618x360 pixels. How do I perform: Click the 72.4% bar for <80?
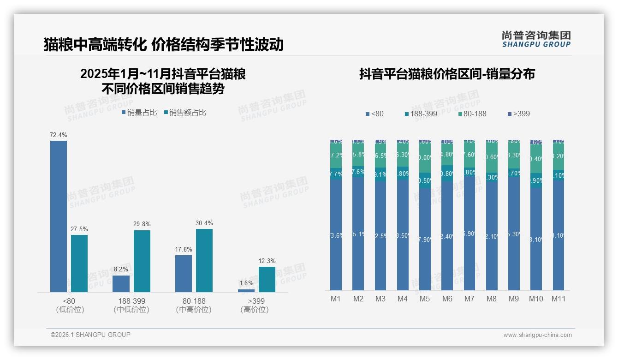pyautogui.click(x=59, y=216)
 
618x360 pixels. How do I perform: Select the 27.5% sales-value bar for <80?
pyautogui.click(x=79, y=263)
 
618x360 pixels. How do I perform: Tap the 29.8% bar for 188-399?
pyautogui.click(x=142, y=261)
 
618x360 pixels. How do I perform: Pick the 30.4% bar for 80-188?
pyautogui.click(x=204, y=260)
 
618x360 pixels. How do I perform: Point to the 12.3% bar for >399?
pyautogui.click(x=267, y=279)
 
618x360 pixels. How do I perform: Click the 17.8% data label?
pyautogui.click(x=184, y=250)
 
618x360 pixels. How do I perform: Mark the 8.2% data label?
pyautogui.click(x=121, y=269)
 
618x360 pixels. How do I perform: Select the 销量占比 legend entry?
pyautogui.click(x=139, y=113)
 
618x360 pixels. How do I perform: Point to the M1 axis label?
pyautogui.click(x=336, y=299)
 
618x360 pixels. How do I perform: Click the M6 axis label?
pyautogui.click(x=447, y=299)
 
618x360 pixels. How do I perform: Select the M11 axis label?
pyautogui.click(x=559, y=299)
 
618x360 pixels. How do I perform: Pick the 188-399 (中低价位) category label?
pyautogui.click(x=131, y=305)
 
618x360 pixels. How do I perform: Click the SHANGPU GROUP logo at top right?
pyautogui.click(x=536, y=39)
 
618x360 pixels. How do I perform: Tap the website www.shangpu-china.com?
pyautogui.click(x=537, y=335)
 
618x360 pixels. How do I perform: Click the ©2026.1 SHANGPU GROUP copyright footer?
pyautogui.click(x=90, y=335)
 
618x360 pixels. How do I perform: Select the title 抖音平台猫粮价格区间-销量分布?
pyautogui.click(x=447, y=74)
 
